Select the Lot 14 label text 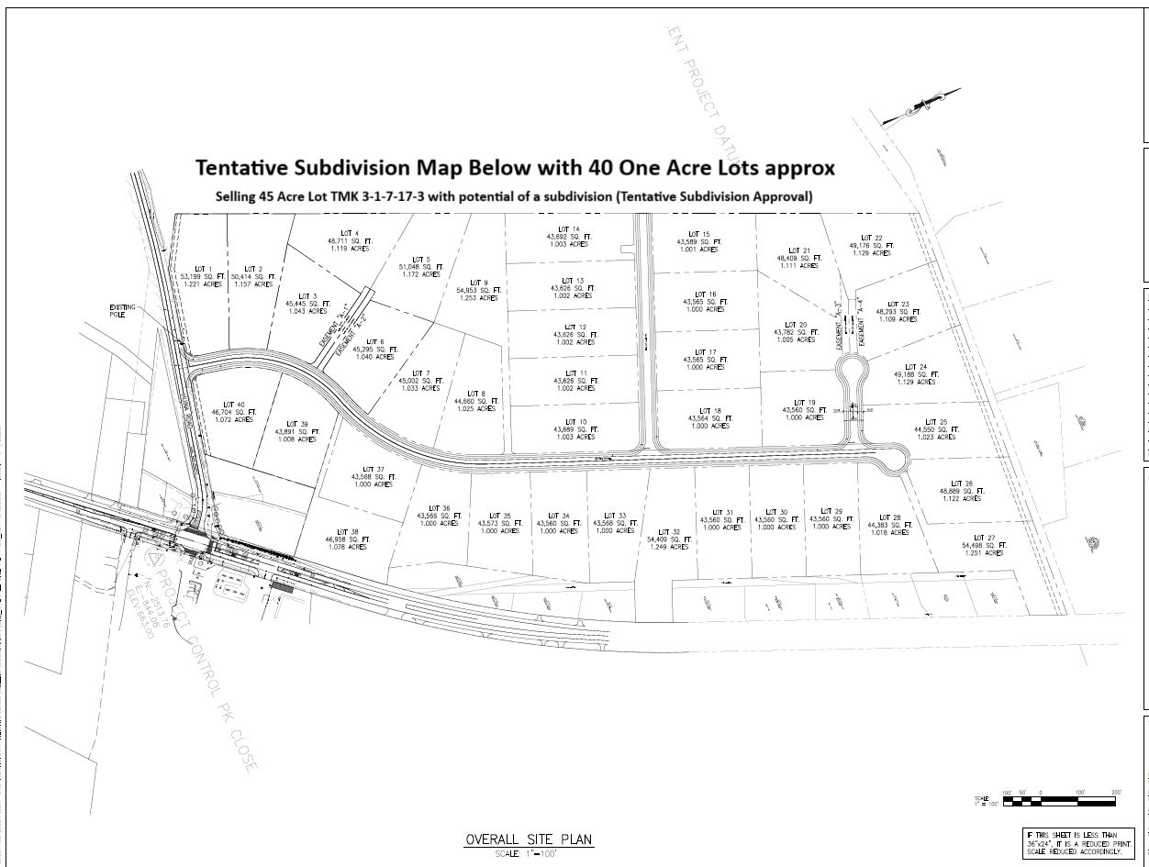point(569,237)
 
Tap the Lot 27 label point(984,545)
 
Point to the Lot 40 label point(235,412)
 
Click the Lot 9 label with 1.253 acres point(477,290)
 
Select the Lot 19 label point(805,410)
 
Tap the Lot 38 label point(347,539)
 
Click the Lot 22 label point(871,245)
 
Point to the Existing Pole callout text point(122,312)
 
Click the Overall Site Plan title point(529,839)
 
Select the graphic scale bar point(1059,801)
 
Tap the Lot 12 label point(574,334)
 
